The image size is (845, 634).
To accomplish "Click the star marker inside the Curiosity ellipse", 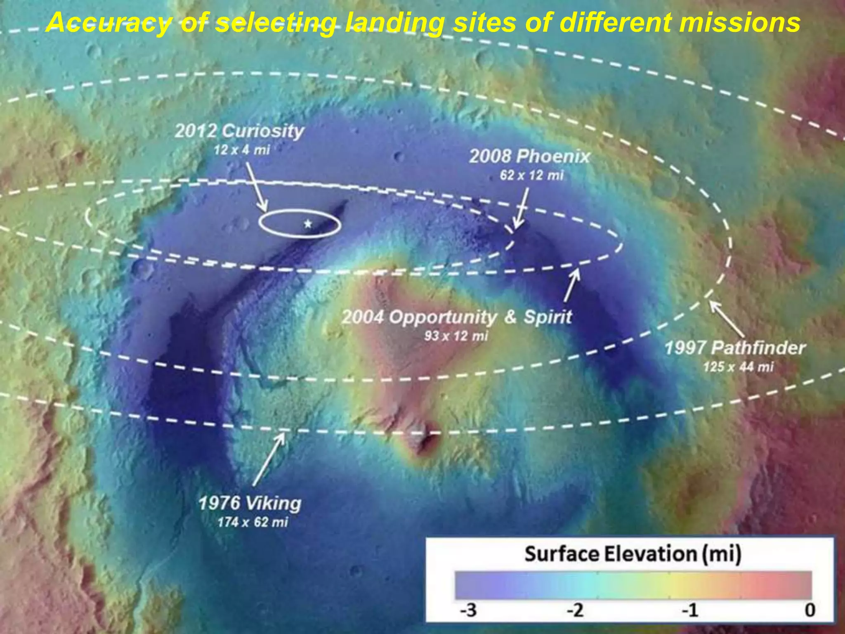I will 308,224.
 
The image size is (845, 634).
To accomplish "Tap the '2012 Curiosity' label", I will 239,131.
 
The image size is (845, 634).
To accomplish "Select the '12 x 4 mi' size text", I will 242,150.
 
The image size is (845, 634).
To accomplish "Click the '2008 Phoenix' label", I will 530,157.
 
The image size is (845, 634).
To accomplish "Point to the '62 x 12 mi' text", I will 531,175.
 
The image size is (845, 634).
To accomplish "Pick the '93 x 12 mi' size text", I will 456,336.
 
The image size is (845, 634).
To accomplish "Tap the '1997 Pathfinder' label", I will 735,348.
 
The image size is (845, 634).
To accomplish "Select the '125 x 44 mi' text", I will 738,367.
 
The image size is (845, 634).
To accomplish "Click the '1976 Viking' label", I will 250,504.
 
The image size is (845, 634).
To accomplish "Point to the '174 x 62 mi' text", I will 253,522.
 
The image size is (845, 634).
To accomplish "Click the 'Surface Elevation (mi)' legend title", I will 633,554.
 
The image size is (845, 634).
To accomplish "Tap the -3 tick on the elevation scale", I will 469,610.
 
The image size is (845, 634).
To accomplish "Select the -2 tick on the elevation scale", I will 576,610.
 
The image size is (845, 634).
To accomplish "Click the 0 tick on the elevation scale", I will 810,610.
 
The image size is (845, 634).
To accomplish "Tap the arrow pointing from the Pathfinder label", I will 727,320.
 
